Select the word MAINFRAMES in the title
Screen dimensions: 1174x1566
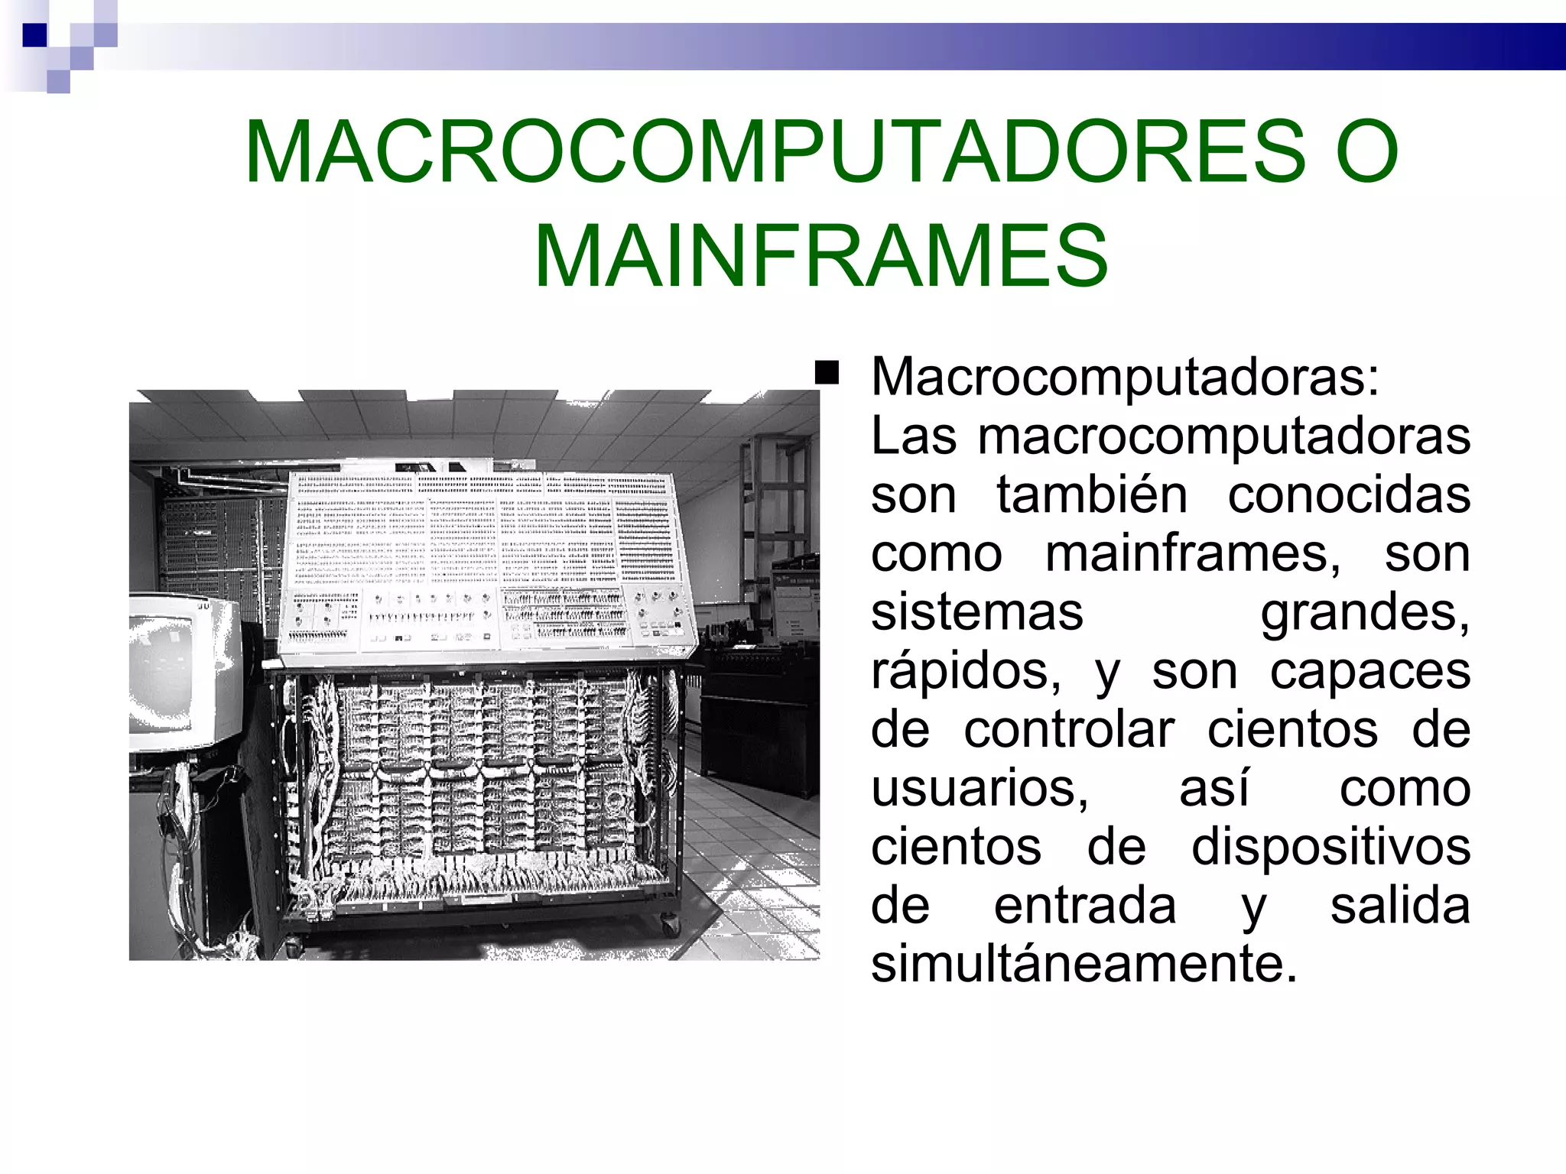(820, 256)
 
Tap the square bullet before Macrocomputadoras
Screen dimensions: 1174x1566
(827, 374)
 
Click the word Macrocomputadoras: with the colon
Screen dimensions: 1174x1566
(1125, 377)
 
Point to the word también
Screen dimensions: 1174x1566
(1092, 495)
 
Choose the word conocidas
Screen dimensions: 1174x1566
(1349, 495)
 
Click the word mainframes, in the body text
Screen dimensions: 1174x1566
(1193, 553)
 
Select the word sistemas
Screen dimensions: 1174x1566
(977, 612)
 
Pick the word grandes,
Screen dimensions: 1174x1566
(1365, 612)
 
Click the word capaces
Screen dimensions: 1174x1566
(1370, 671)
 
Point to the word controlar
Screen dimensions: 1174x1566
(1069, 730)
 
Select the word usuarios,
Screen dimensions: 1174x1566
(980, 789)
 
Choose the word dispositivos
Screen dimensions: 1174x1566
(1331, 848)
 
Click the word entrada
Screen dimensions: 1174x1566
(1085, 906)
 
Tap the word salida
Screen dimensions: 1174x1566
(1400, 906)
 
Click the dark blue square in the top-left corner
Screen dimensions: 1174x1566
(35, 35)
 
